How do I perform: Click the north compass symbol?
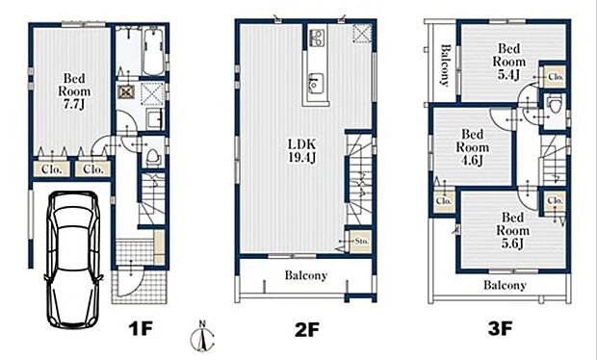point(200,338)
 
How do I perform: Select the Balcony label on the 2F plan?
point(305,275)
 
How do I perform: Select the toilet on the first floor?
point(151,156)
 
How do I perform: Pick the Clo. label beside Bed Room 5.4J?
point(555,75)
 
